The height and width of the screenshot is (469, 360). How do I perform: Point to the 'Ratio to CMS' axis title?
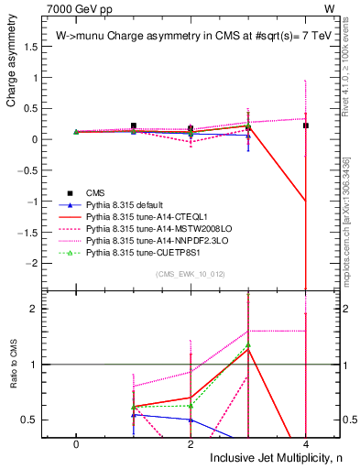coord(12,377)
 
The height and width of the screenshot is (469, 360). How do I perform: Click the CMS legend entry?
coord(96,192)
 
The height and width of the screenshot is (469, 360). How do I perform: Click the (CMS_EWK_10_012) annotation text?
coord(191,274)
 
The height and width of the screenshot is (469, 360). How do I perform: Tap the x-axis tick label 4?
coord(305,443)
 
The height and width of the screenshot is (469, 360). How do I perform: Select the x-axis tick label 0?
coord(76,443)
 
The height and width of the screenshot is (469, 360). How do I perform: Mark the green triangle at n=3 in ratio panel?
coord(247,345)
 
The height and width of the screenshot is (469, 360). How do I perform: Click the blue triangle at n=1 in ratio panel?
coord(134,415)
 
